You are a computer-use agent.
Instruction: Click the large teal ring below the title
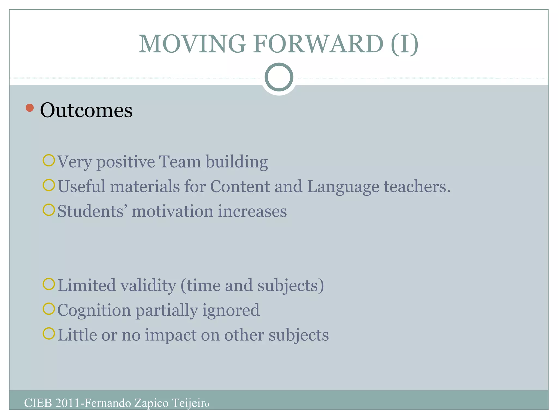[x=279, y=77]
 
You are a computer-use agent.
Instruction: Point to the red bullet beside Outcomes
[x=30, y=108]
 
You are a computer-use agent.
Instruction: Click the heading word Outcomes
[x=86, y=110]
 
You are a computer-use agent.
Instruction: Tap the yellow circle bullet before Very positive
[x=49, y=160]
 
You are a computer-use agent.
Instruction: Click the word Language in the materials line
[x=343, y=187]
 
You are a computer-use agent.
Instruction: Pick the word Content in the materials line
[x=240, y=187]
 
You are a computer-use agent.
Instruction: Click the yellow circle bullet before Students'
[x=49, y=210]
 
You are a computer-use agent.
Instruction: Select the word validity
[x=148, y=286]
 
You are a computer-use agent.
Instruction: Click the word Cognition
[x=94, y=310]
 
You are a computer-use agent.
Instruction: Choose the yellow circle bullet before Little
[x=49, y=334]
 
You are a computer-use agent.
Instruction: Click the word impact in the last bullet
[x=170, y=335]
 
